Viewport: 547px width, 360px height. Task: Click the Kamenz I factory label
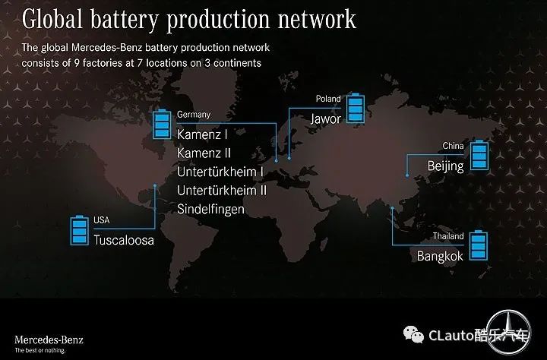coord(202,134)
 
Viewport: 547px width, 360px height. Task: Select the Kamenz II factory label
coord(204,153)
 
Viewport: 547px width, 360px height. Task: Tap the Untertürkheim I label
coord(220,172)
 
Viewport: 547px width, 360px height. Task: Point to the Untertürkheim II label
coord(222,191)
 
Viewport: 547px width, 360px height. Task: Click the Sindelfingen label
coord(210,210)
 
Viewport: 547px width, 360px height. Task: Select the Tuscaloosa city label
coord(124,240)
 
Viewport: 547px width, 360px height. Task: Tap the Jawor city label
coord(326,119)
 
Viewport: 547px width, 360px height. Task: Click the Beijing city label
coord(445,166)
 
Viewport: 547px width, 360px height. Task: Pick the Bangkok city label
coord(440,256)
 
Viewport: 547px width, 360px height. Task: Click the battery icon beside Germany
coord(162,125)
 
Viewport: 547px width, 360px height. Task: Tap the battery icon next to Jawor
coord(356,108)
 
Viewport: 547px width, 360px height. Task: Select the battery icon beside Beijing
coord(479,155)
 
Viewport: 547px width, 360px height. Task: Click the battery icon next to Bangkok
coord(479,245)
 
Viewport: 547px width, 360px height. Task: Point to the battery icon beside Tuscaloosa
coord(80,230)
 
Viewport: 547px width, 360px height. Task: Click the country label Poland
coord(328,99)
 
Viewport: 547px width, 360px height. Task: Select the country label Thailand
coord(448,236)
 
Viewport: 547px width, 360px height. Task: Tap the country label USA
coord(102,220)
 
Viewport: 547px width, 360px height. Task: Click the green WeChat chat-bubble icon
coord(414,334)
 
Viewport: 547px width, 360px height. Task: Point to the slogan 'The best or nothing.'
coord(40,350)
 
